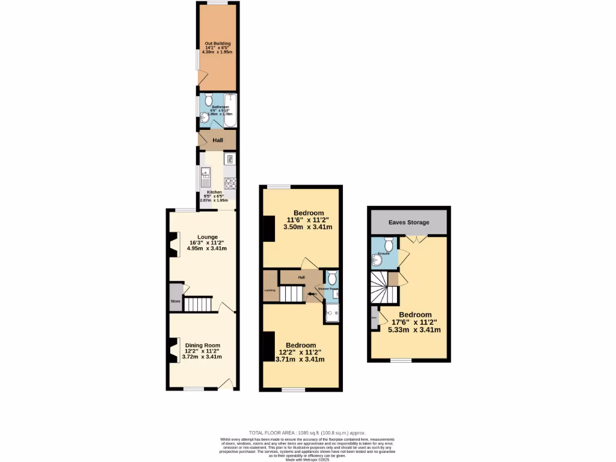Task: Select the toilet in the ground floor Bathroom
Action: tap(208, 99)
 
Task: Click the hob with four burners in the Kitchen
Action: tap(229, 183)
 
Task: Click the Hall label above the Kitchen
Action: tap(218, 140)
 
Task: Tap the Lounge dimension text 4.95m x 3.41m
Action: tap(202, 248)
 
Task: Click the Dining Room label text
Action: tap(202, 345)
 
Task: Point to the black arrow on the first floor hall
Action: tap(310, 294)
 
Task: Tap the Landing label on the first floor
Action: tap(270, 291)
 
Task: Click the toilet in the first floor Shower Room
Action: tap(331, 278)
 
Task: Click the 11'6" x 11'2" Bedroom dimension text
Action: tap(309, 220)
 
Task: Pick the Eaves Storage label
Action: tap(408, 223)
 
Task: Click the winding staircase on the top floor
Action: tap(384, 288)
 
